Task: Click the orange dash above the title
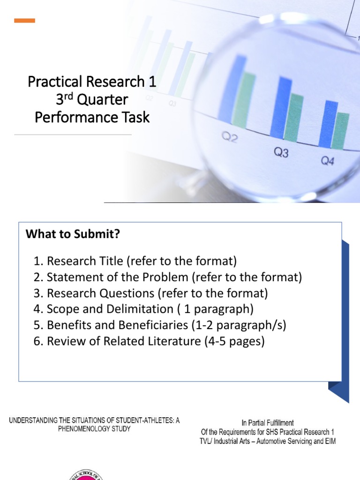(24, 21)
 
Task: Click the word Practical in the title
(54, 82)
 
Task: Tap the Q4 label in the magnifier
(328, 161)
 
